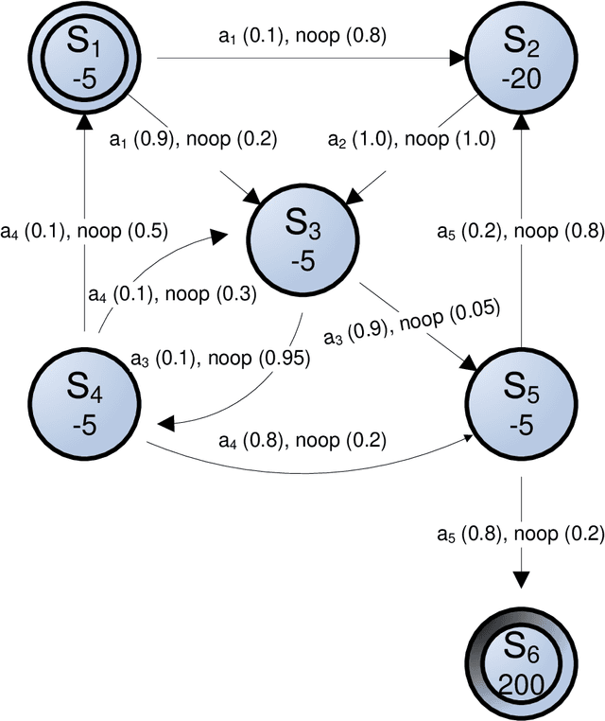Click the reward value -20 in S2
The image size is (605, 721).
click(x=520, y=79)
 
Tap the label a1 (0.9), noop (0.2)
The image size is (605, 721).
click(x=192, y=139)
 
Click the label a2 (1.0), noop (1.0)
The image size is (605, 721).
click(x=410, y=139)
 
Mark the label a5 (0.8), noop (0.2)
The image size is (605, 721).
click(x=519, y=534)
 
